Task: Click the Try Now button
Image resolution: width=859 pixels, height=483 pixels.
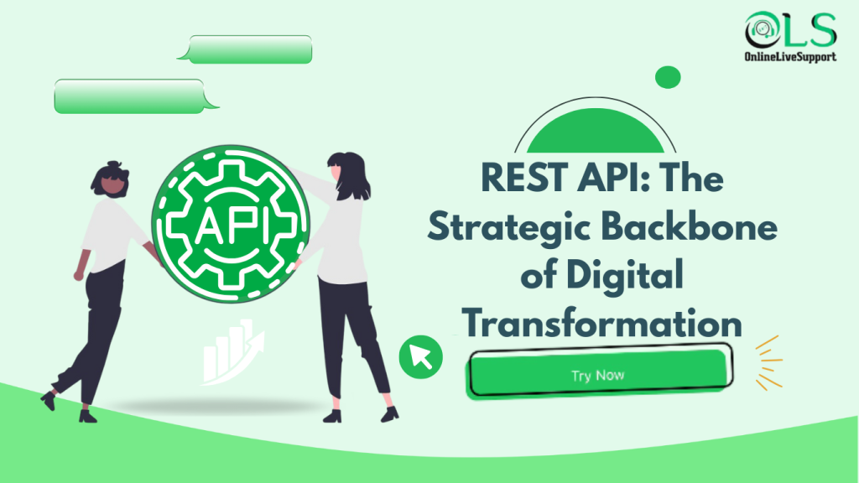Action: coord(597,374)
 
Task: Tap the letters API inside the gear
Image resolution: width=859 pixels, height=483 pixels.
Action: coord(226,225)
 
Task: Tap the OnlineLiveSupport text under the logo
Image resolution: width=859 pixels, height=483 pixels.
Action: coord(789,57)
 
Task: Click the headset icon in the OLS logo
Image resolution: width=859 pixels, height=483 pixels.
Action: coord(762,30)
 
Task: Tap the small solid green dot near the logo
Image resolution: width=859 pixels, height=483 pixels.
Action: coord(667,77)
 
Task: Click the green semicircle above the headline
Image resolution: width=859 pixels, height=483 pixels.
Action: coord(595,137)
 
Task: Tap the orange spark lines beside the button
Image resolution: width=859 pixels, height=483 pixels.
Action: coord(768,361)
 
